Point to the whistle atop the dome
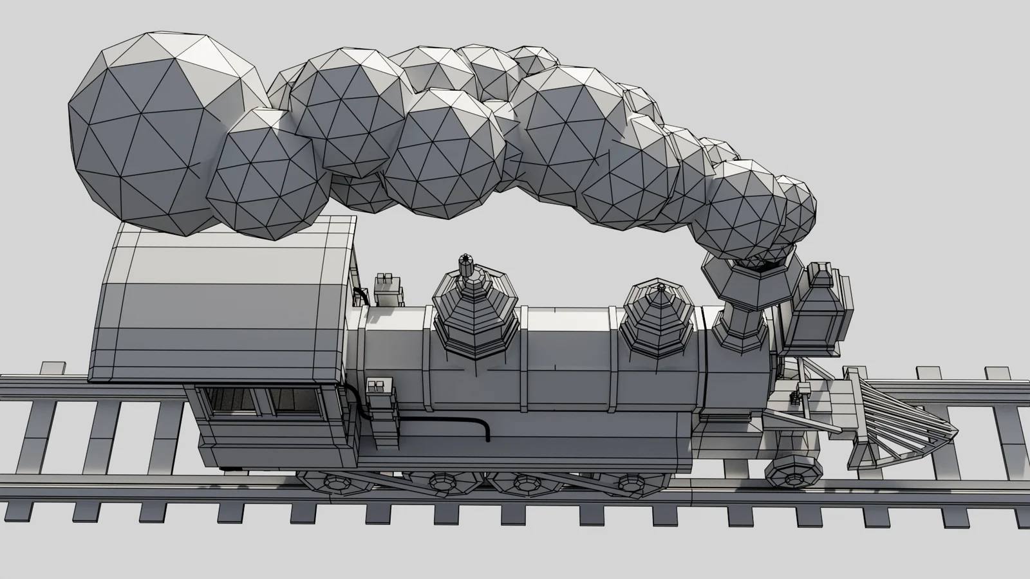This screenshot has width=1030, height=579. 465,264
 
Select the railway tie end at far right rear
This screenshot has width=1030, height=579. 997,376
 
